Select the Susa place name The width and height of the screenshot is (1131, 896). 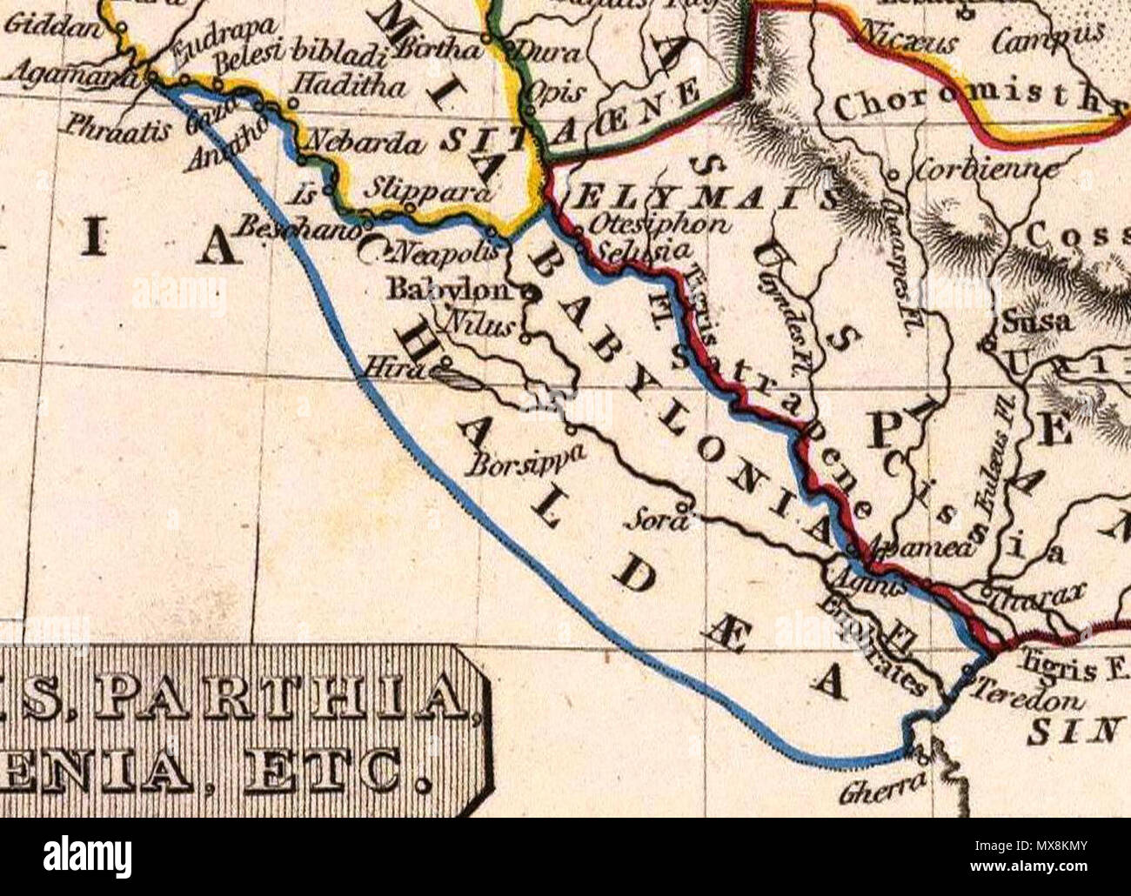coord(1036,322)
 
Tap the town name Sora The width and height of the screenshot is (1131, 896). coord(656,523)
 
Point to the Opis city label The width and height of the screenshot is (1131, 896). coord(549,94)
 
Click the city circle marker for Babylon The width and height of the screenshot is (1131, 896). coord(525,294)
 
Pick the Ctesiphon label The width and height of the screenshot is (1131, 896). coord(659,224)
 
